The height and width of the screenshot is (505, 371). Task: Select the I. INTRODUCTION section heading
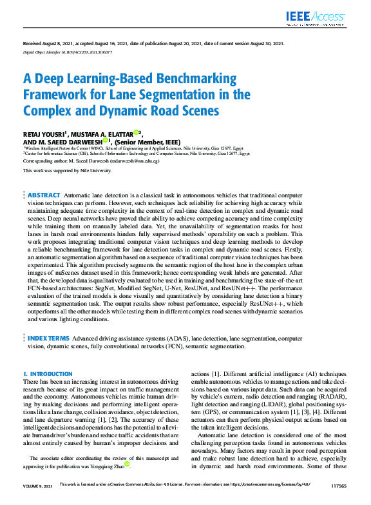48,374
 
